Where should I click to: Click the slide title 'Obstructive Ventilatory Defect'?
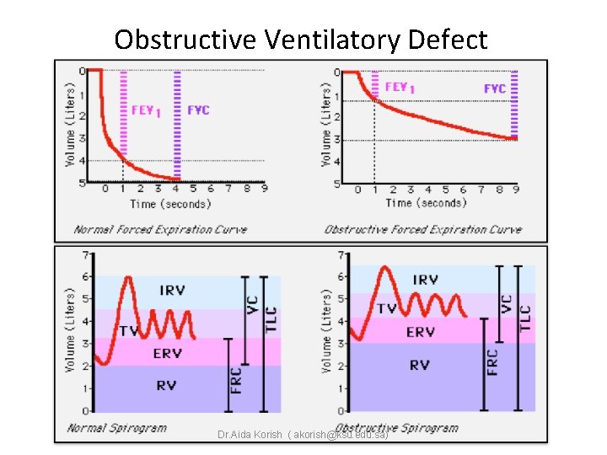point(301,40)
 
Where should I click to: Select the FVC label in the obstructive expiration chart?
point(495,88)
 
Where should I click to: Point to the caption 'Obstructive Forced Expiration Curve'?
point(422,229)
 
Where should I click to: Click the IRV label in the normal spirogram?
point(174,290)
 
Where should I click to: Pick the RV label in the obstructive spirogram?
point(419,365)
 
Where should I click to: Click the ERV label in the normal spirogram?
point(167,354)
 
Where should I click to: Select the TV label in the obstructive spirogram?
point(386,308)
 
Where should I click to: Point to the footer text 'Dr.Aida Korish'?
point(249,436)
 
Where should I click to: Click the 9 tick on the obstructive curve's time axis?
point(514,190)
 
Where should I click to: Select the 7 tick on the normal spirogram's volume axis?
point(83,254)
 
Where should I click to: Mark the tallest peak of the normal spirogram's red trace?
point(127,277)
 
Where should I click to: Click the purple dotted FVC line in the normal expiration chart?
point(177,126)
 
